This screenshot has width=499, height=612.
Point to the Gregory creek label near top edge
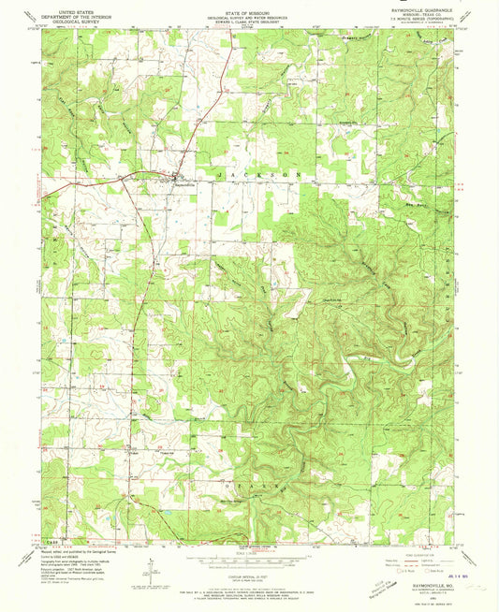point(376,39)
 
